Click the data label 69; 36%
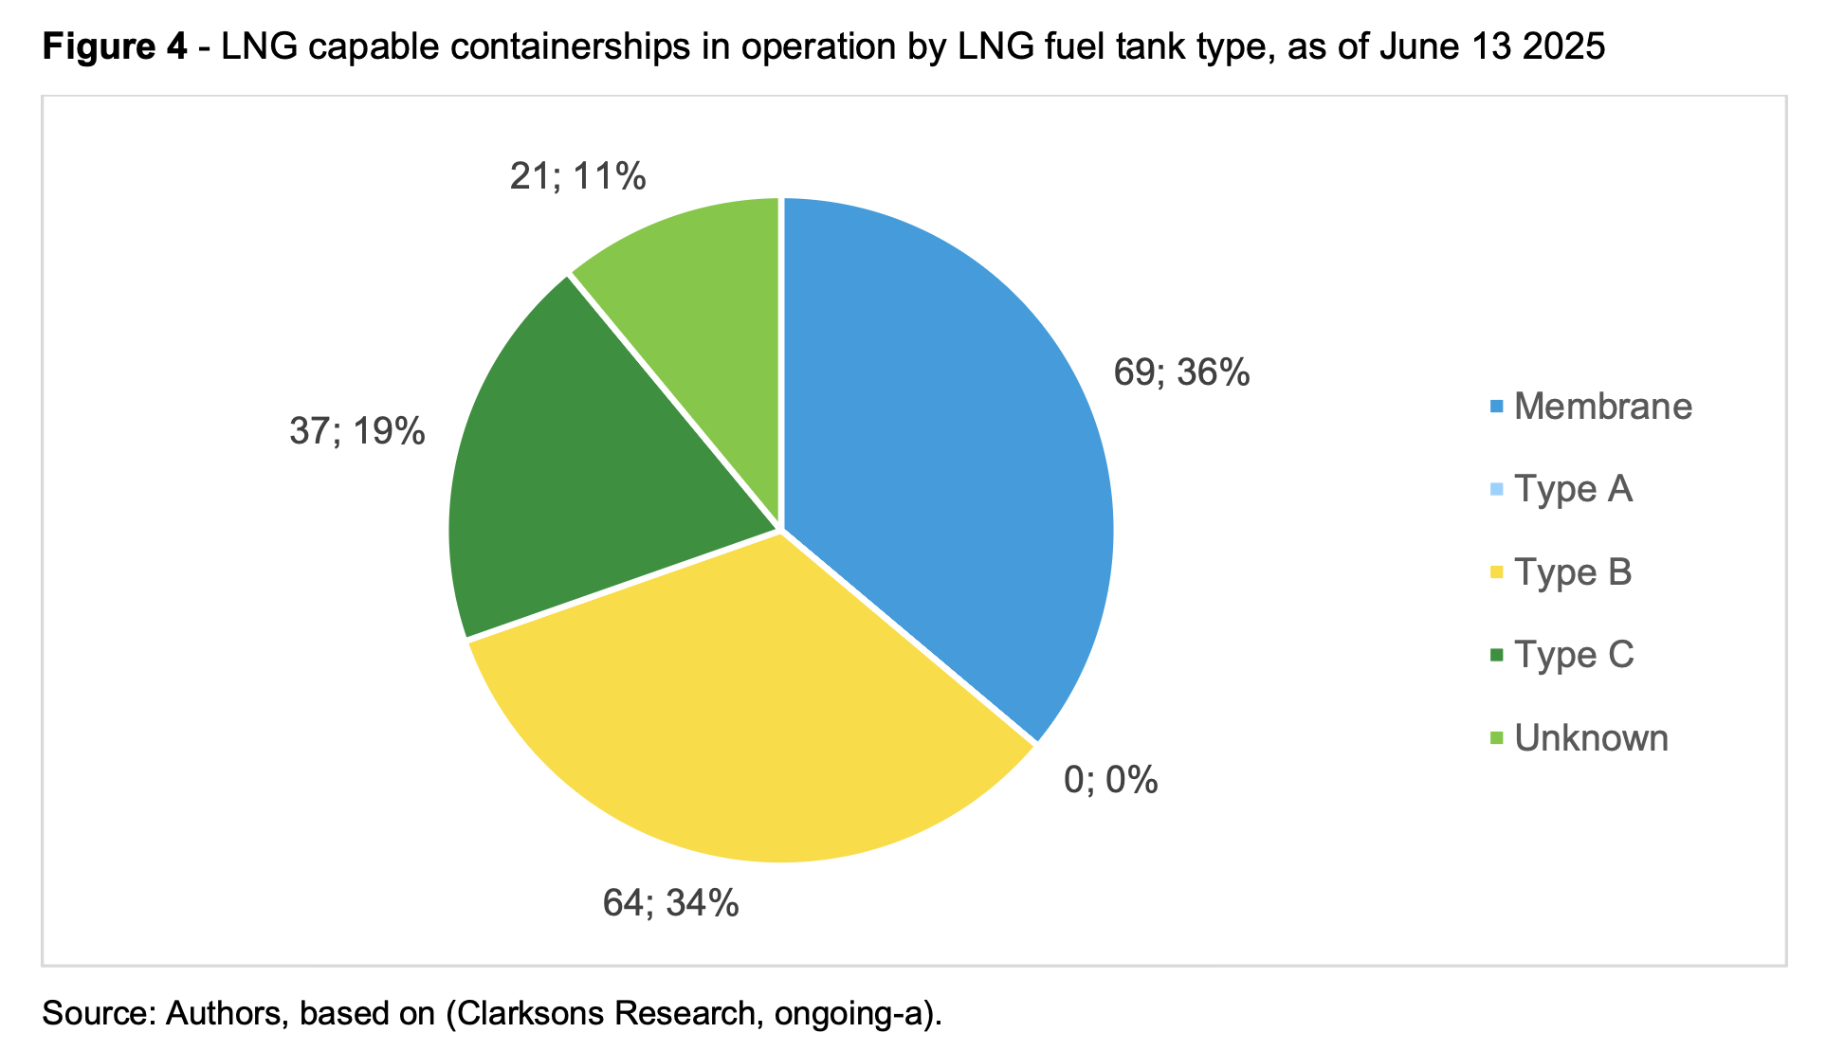pos(1181,373)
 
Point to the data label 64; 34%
pos(670,903)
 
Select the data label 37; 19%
pos(356,432)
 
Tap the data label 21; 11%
pos(577,177)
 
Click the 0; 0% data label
pos(1110,780)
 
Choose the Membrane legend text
pos(1602,407)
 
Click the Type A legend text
pos(1573,489)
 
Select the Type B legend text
pos(1573,572)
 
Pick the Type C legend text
pos(1574,655)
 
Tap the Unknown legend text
pos(1591,738)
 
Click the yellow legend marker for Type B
pos(1497,572)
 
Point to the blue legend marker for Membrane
pos(1497,407)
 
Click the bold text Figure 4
pos(115,45)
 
